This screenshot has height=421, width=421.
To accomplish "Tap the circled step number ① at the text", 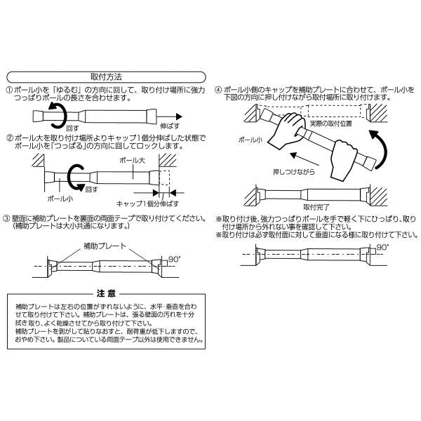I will [x=9, y=91].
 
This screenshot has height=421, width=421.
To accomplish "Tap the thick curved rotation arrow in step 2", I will [x=75, y=177].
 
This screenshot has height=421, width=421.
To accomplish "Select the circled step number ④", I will [x=218, y=91].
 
